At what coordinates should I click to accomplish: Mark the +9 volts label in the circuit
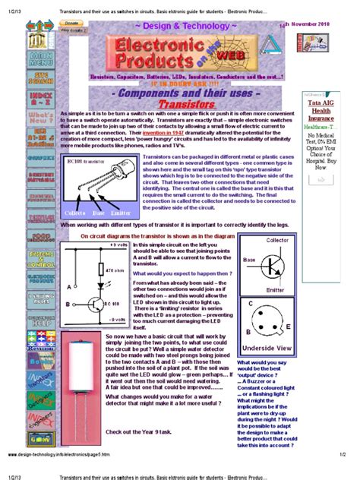[117, 246]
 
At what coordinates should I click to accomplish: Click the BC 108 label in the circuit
[110, 303]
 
